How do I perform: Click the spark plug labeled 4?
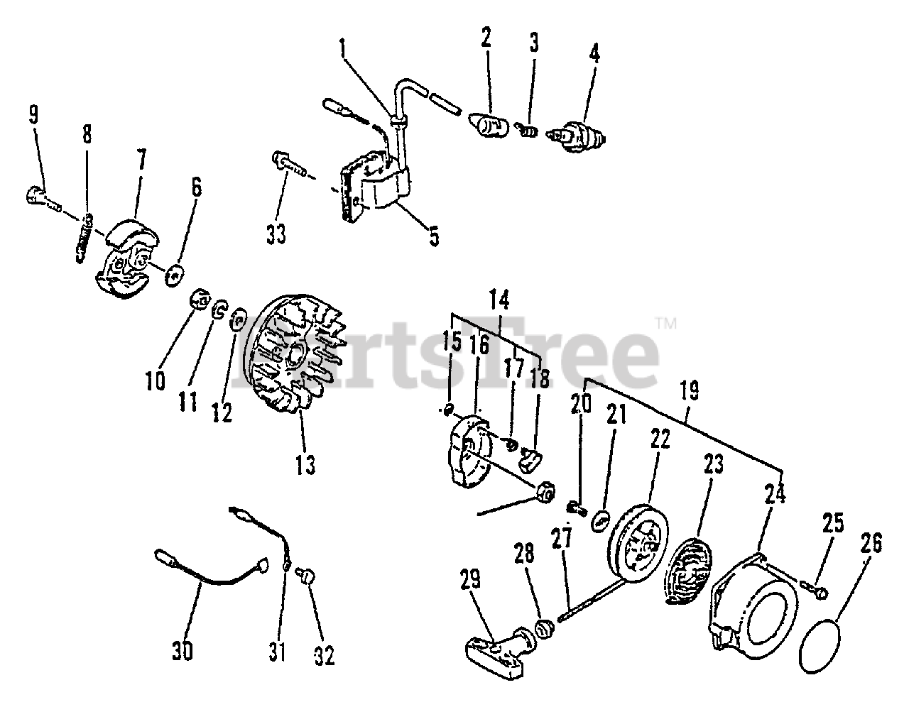tap(576, 135)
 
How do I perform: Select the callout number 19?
tap(688, 390)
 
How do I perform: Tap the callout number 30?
tap(183, 650)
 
